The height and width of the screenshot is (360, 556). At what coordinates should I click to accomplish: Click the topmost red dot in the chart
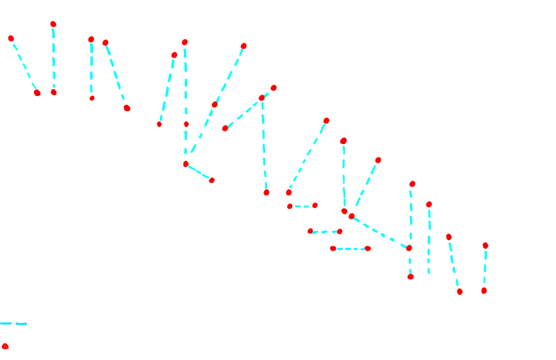coord(54,24)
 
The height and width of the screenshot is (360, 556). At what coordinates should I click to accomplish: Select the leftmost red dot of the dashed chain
coord(11,38)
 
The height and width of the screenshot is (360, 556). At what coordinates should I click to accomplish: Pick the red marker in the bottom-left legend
coord(8,346)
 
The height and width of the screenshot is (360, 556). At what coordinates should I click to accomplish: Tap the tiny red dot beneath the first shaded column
coord(92,98)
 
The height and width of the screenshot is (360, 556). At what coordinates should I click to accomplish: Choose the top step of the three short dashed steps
coord(302,206)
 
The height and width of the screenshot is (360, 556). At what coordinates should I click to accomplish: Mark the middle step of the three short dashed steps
coord(325,232)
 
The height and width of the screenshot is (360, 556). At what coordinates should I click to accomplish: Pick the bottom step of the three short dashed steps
coord(350,248)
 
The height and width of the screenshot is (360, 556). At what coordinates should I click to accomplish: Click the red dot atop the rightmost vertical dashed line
coord(485,245)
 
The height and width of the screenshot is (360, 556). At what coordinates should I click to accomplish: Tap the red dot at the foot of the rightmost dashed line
coord(485,290)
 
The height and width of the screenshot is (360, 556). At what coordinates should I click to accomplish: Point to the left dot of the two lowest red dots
coord(460,292)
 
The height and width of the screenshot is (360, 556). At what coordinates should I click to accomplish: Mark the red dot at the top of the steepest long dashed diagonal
coord(243,46)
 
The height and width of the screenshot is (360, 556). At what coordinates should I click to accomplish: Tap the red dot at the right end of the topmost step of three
coord(315,205)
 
